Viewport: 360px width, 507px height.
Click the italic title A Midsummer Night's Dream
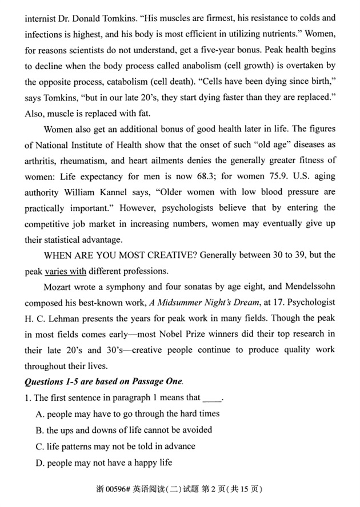[x=188, y=302]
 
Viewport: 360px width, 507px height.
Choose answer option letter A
[x=39, y=414]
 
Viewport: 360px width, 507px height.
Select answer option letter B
[x=39, y=430]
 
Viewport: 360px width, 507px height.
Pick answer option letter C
[x=39, y=446]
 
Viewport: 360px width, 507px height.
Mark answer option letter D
[x=39, y=462]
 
